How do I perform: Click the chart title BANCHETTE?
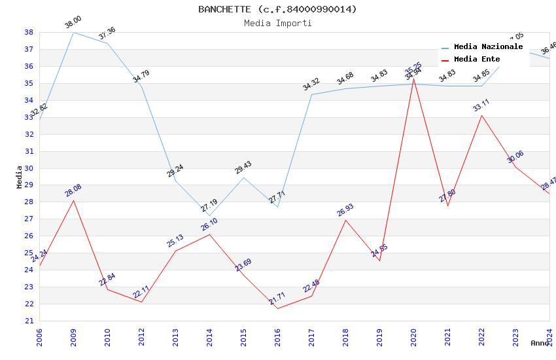pos(278,9)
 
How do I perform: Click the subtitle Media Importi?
pos(278,23)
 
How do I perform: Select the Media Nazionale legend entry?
pos(488,47)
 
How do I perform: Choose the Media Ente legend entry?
pos(477,59)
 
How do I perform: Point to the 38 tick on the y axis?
pos(29,32)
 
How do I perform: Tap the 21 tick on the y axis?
pos(29,321)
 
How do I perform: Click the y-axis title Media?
pos(20,176)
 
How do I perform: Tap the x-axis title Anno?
pos(540,343)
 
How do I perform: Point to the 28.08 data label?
pos(73,190)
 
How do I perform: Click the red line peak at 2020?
pos(413,79)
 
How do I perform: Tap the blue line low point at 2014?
pos(209,215)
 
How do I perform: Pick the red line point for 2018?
pos(345,220)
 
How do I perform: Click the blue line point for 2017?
pos(311,94)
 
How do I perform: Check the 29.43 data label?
pos(243,168)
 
